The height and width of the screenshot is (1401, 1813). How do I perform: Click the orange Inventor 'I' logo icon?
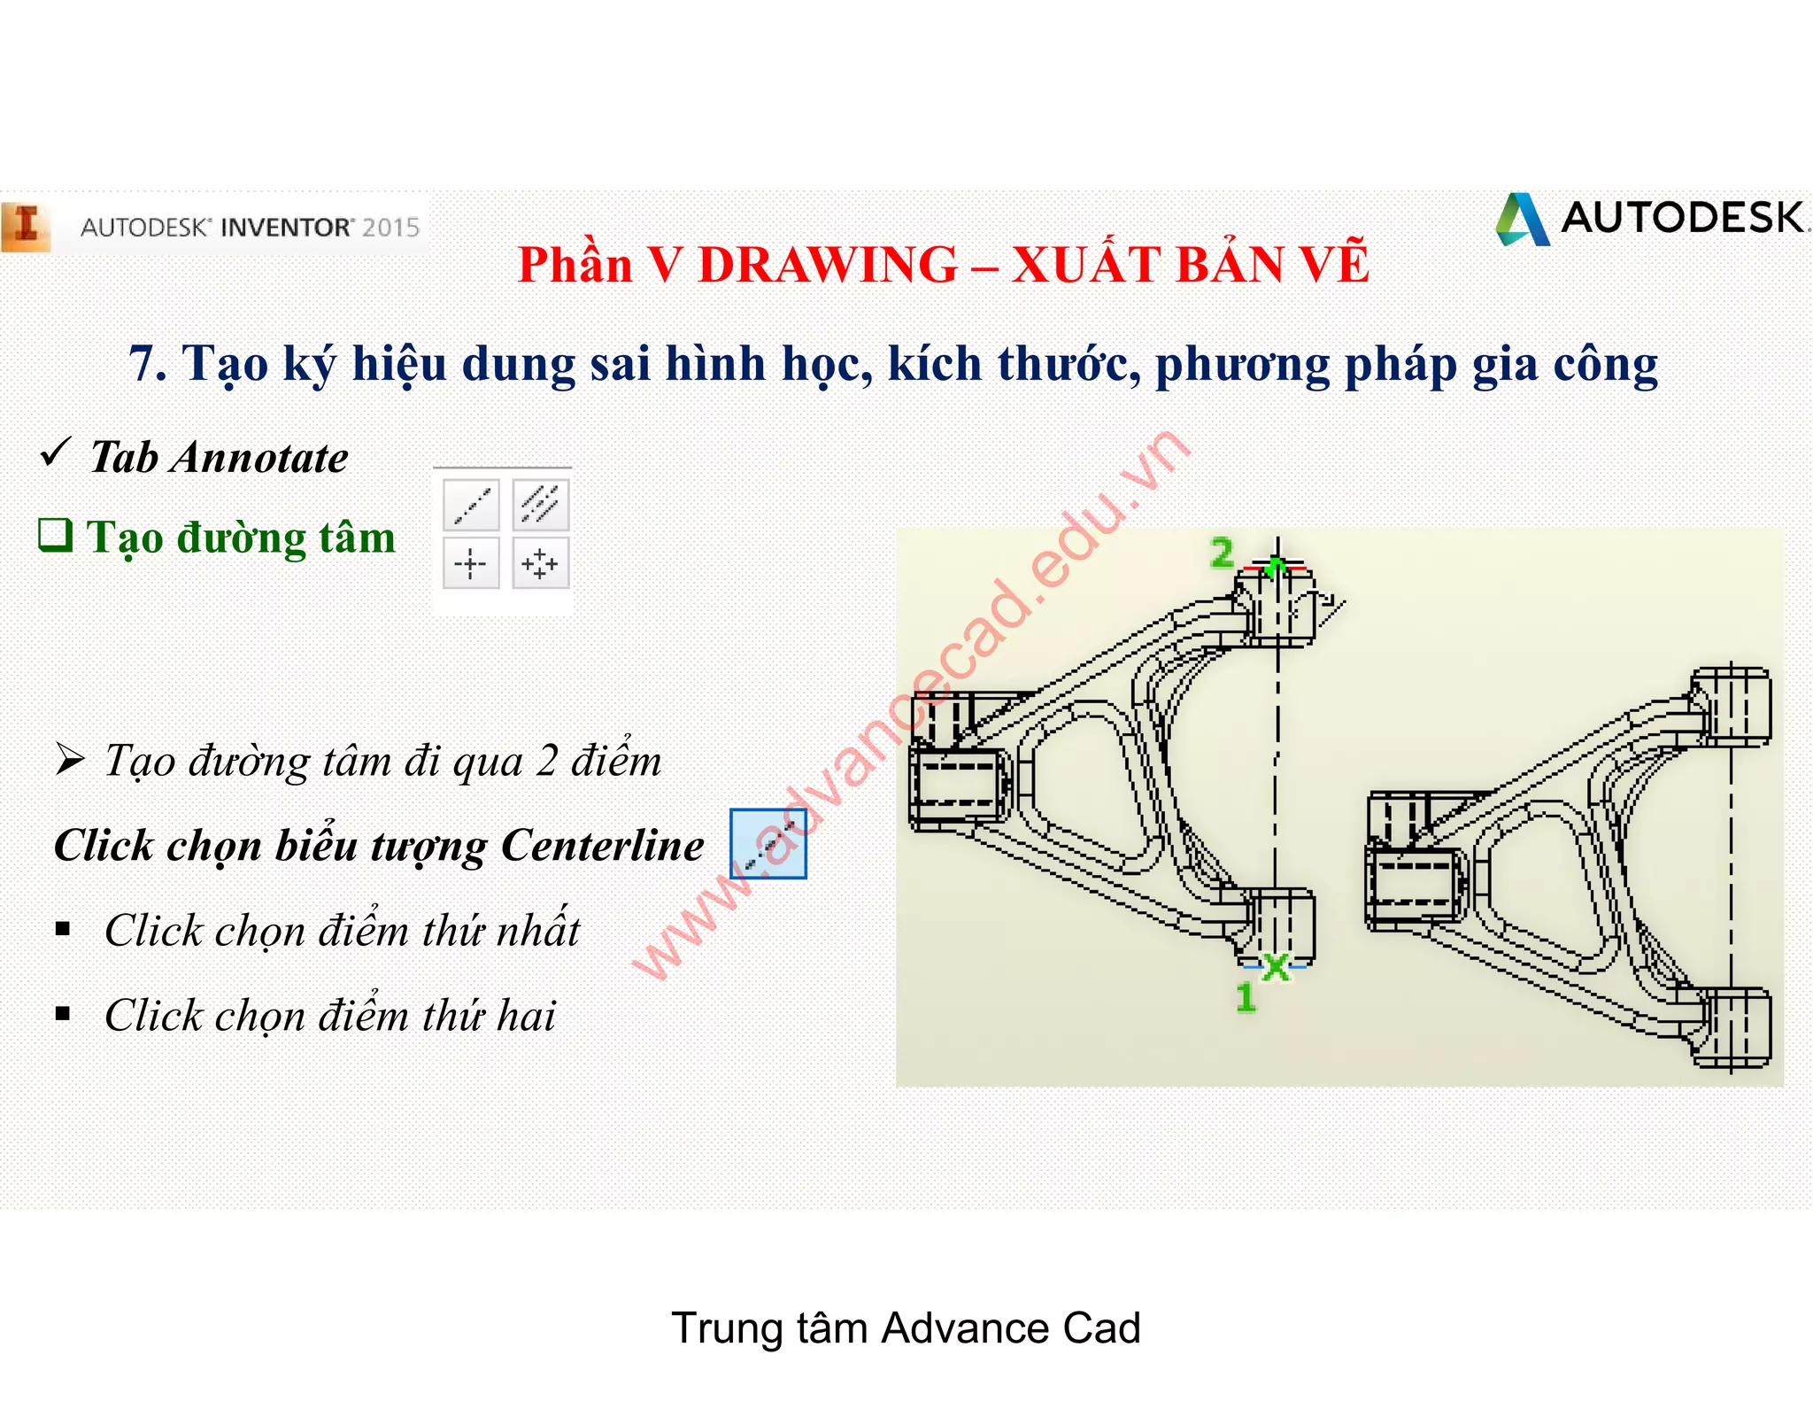coord(27,227)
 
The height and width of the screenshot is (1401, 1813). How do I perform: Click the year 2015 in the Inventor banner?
coord(390,228)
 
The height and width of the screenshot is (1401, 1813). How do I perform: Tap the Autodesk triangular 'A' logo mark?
coord(1523,220)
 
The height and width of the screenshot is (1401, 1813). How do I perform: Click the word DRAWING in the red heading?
coord(827,265)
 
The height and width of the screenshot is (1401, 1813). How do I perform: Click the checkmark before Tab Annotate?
coord(54,453)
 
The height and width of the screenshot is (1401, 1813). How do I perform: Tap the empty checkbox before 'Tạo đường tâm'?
coord(55,534)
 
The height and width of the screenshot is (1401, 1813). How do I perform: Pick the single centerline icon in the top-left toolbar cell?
coord(471,505)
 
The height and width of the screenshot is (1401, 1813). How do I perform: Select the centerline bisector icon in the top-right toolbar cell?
coord(540,505)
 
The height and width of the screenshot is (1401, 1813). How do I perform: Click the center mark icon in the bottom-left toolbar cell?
coord(471,563)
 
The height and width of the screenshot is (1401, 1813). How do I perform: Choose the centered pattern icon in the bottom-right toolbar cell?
coord(540,563)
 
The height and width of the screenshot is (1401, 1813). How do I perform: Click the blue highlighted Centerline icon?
coord(768,843)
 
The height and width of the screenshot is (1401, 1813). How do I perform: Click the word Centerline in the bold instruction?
coord(602,846)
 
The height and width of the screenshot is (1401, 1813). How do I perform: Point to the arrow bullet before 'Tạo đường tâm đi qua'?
coord(69,760)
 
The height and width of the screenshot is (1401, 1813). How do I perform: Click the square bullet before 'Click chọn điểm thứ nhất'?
coord(63,928)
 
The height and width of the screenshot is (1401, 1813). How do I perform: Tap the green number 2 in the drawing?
coord(1222,553)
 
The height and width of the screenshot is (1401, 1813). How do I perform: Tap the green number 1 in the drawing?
coord(1246,998)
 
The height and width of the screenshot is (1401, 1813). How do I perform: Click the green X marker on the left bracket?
coord(1276,966)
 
